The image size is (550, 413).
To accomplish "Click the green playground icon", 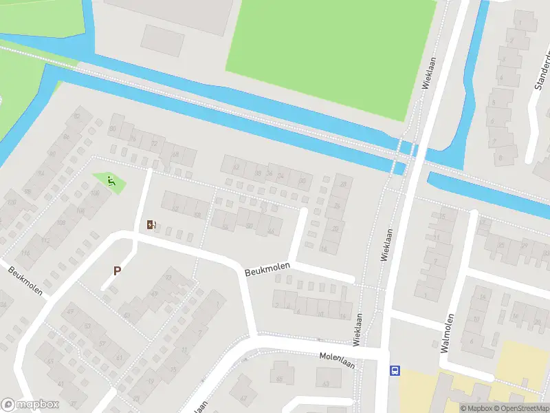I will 111,181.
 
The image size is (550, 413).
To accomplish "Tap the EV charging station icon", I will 151,224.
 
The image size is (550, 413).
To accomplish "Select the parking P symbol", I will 116,271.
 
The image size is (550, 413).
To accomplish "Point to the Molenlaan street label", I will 336,359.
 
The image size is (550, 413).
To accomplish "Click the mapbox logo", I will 30,405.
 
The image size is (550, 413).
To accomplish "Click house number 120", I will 10,202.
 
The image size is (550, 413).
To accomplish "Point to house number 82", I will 76,116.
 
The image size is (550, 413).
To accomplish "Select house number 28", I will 342,184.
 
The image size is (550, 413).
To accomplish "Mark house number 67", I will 243,399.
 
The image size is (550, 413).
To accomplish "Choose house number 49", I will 69,313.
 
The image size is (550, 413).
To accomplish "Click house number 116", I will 26,255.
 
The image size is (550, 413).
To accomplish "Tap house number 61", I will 118,357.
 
